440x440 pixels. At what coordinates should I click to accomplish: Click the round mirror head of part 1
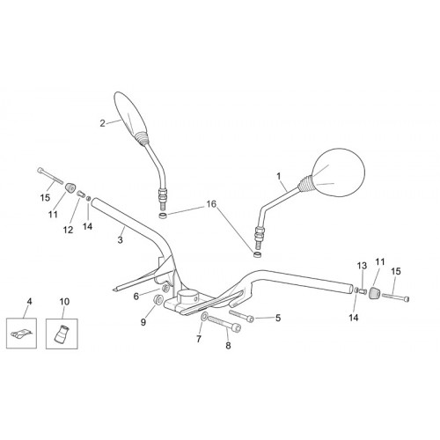click(338, 172)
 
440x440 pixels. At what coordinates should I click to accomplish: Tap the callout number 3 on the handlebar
click(120, 240)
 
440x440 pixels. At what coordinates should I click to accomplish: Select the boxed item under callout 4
click(21, 334)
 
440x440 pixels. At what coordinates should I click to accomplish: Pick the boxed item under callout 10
click(62, 334)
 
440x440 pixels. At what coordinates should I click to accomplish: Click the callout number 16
click(211, 204)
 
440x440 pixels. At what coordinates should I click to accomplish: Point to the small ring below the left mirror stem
click(163, 216)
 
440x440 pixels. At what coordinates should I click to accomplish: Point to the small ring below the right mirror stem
click(258, 254)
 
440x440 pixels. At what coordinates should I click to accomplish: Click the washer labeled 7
click(204, 317)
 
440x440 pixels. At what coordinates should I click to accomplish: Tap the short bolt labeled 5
click(241, 316)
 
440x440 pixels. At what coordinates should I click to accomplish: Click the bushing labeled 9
click(158, 299)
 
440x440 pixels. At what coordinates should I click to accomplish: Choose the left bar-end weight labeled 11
click(70, 187)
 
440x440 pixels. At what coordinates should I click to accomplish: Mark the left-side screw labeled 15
click(50, 175)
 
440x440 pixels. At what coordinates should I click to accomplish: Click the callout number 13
click(362, 266)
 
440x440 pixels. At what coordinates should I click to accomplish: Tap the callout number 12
click(68, 230)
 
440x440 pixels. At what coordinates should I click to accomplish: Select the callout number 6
click(136, 297)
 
